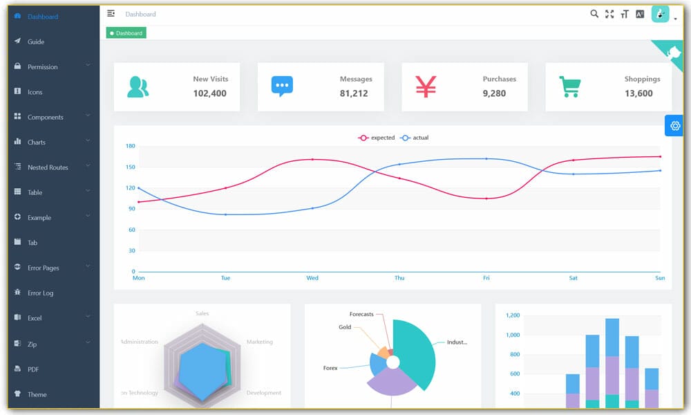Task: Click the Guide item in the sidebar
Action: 35,42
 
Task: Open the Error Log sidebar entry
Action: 40,293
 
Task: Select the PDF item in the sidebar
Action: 32,369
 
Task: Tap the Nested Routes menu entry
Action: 48,167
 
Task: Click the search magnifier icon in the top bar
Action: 594,14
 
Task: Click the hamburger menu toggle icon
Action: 111,13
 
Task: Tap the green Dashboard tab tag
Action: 126,33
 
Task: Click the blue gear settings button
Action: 674,126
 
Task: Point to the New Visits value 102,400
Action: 210,93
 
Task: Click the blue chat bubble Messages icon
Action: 282,86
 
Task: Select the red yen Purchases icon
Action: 426,86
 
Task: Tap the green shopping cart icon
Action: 569,86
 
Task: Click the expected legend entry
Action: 377,138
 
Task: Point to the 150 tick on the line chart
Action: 131,167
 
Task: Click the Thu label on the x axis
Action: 399,278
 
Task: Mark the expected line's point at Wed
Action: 312,159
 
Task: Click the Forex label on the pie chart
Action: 330,368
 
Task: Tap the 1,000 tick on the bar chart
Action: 512,335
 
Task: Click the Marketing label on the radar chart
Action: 259,342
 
